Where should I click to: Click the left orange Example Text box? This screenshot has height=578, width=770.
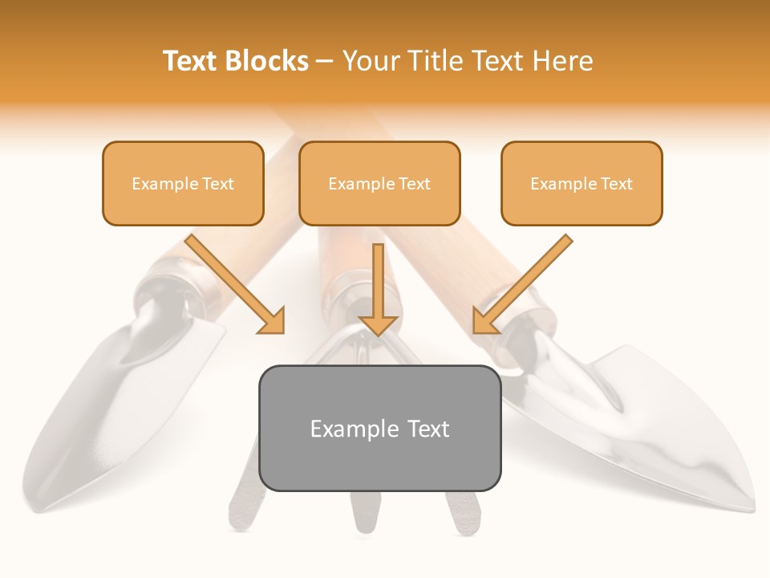tap(183, 183)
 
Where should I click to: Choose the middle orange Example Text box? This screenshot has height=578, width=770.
tap(379, 183)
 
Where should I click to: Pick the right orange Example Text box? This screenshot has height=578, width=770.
tap(582, 183)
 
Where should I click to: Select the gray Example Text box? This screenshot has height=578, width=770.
tap(379, 428)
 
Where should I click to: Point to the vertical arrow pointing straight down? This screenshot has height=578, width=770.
tap(379, 289)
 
